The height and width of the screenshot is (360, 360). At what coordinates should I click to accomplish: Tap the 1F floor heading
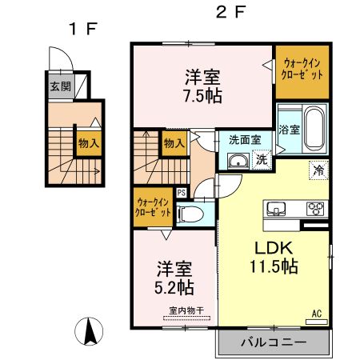tap(82, 30)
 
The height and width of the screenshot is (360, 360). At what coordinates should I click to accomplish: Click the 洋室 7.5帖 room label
tap(203, 86)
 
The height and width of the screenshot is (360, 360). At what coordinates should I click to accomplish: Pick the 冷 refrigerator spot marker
tap(318, 170)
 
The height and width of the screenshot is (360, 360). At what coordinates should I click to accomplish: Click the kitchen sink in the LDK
tap(276, 210)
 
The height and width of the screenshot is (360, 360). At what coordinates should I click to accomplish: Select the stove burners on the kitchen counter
tap(314, 210)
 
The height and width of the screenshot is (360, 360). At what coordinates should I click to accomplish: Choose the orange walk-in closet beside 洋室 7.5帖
tap(302, 73)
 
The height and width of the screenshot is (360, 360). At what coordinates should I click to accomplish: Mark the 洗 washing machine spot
tap(261, 159)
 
